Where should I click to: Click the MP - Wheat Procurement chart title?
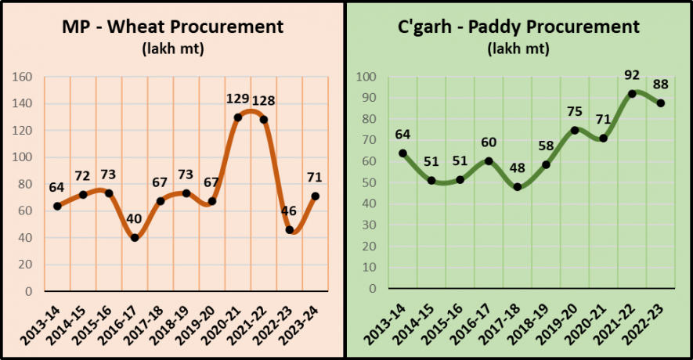[x=172, y=27]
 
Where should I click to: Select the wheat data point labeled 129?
[x=237, y=117]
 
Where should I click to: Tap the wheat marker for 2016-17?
[x=135, y=237]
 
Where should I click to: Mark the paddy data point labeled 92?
[x=632, y=94]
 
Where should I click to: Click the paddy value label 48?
[x=517, y=170]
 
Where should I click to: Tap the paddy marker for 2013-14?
[x=403, y=153]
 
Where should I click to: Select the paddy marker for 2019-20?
[x=575, y=130]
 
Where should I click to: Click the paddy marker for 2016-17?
[x=489, y=161]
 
